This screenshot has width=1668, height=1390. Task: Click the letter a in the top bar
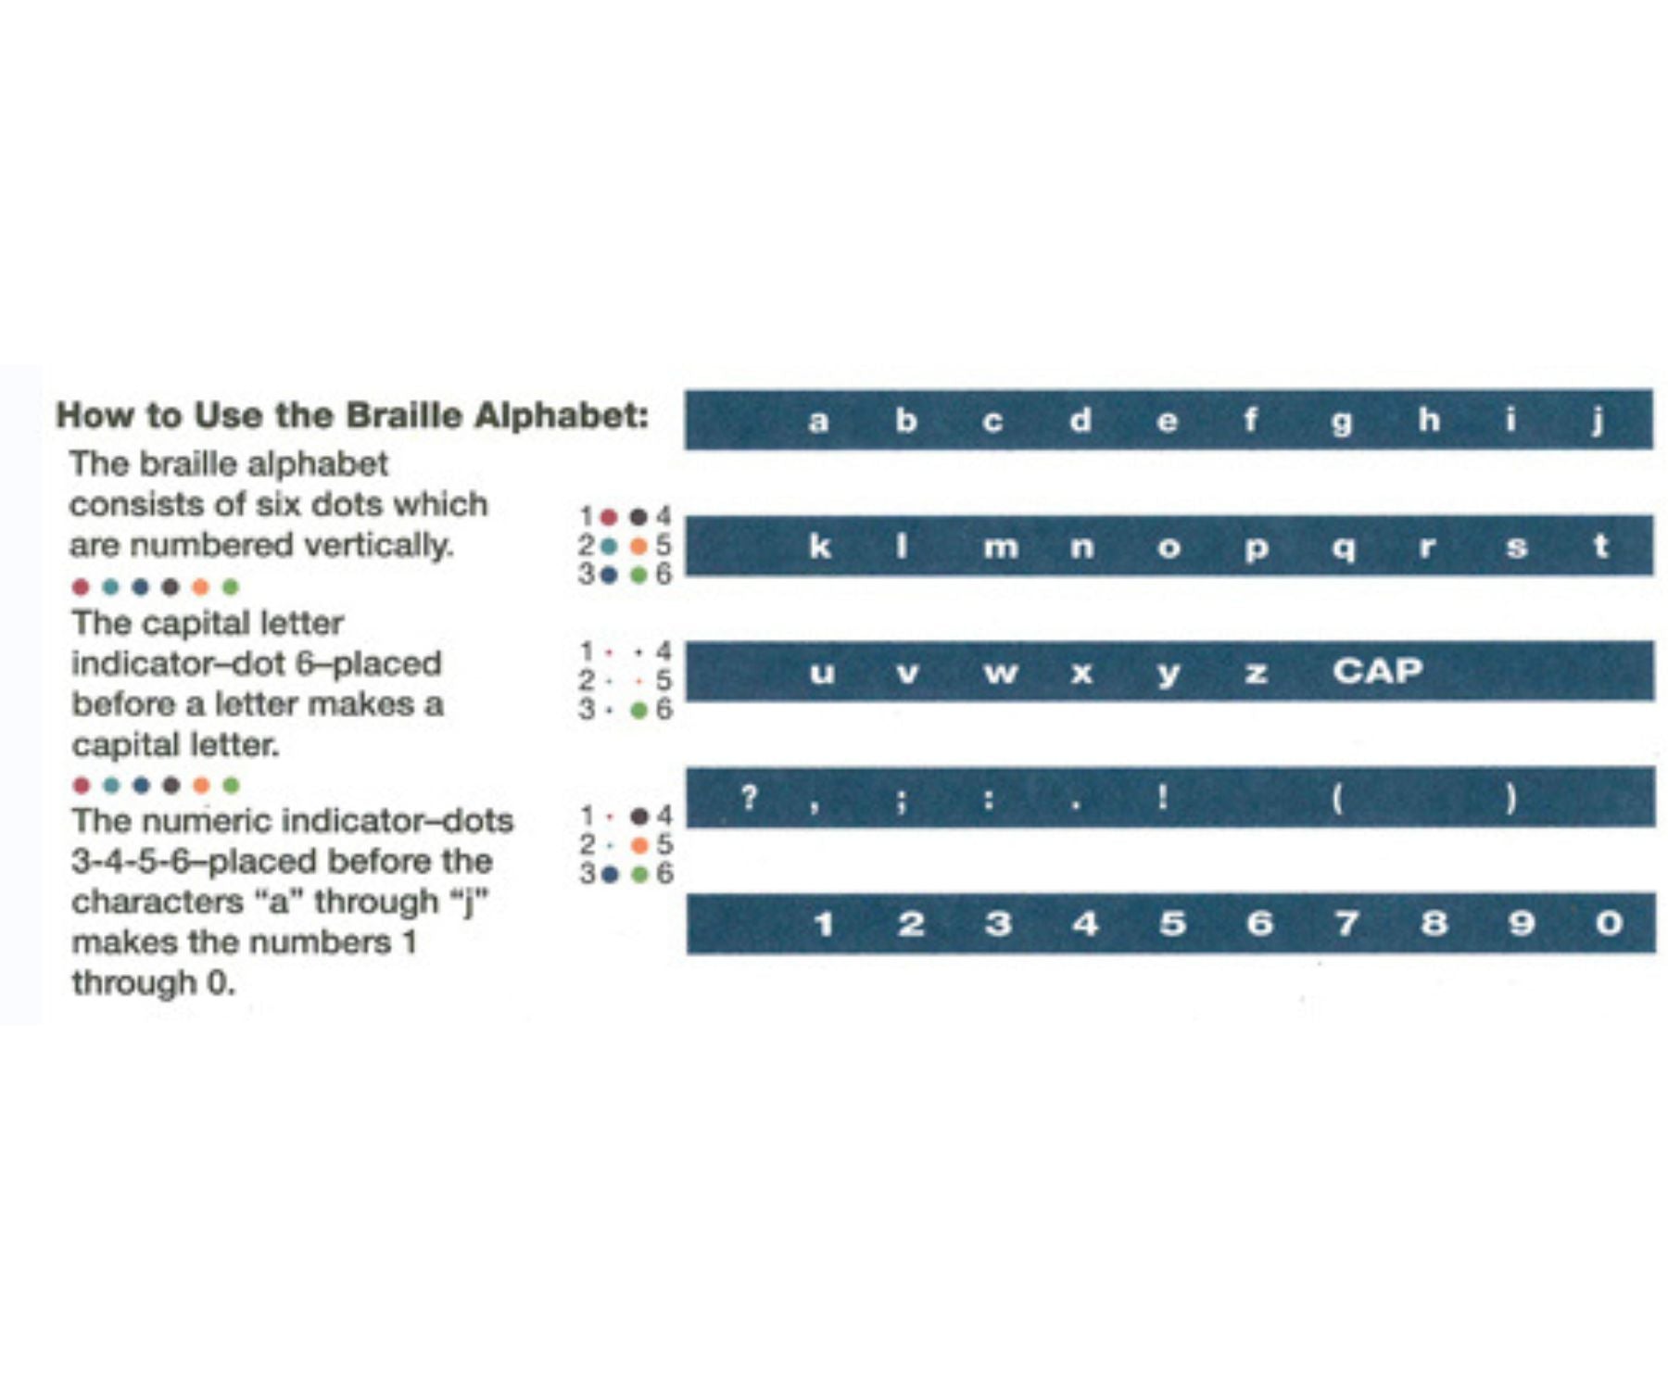[x=817, y=422]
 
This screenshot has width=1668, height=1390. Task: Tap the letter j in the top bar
[x=1598, y=421]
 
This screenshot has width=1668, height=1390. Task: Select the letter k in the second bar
[x=819, y=546]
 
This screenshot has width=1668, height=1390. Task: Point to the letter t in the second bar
[x=1600, y=545]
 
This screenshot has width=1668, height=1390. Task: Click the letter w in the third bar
[x=1000, y=673]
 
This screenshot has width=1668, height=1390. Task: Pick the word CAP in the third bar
[x=1377, y=670]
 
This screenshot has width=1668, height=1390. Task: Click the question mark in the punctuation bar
[x=749, y=796]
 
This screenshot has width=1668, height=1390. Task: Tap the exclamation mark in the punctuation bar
[x=1162, y=796]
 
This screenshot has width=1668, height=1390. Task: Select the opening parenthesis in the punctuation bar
[x=1337, y=798]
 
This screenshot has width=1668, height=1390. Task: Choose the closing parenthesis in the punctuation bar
[x=1510, y=798]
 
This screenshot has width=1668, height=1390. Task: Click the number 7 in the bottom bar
[x=1346, y=923]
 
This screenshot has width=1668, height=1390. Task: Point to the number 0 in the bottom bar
[x=1609, y=923]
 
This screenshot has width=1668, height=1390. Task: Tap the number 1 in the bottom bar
[x=823, y=923]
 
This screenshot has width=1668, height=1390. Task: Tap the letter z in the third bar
[x=1256, y=673]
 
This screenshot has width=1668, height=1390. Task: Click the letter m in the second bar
[x=1000, y=548]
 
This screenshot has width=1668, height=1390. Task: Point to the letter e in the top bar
[x=1167, y=422]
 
